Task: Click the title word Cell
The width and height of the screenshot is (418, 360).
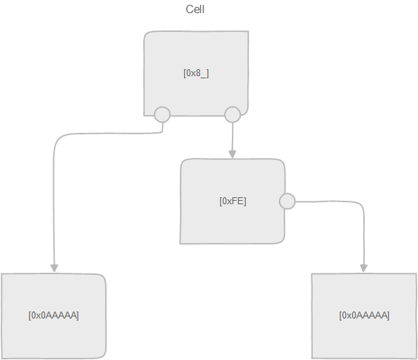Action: [x=195, y=10]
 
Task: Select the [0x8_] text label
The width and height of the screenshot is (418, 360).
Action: [x=196, y=73]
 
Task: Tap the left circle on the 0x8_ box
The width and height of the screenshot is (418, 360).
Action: [x=162, y=114]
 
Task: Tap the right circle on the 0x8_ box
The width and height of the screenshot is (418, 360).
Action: [x=233, y=114]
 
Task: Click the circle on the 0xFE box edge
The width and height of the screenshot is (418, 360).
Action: [x=287, y=201]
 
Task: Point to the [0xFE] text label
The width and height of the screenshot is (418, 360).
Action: [x=233, y=201]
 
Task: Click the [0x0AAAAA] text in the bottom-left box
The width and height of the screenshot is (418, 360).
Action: [x=53, y=315]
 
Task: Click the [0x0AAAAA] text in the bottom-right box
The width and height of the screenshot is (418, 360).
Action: [x=364, y=315]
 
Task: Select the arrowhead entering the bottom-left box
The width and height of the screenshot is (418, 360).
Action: [x=53, y=269]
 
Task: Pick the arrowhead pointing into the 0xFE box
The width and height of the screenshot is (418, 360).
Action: [x=233, y=154]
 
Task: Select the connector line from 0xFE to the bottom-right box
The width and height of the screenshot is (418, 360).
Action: [x=346, y=202]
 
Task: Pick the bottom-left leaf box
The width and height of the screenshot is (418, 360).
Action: [x=53, y=339]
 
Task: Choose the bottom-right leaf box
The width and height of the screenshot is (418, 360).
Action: [x=364, y=339]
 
